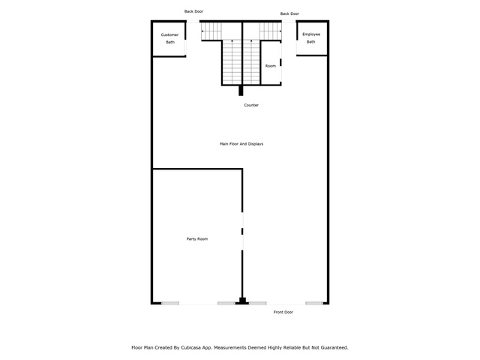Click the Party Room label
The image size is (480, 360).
click(197, 238)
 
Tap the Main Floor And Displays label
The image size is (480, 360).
click(241, 144)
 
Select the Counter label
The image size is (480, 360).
click(251, 105)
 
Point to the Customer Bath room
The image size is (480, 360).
click(169, 39)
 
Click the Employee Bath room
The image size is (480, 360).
click(312, 38)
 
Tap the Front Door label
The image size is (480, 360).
click(283, 312)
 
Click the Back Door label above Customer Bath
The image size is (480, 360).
click(193, 11)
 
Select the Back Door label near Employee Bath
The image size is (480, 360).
click(289, 13)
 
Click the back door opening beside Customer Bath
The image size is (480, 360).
click(193, 22)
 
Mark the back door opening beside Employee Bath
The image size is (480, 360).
click(289, 22)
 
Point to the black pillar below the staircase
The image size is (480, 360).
click(241, 91)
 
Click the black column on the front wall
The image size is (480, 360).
click(242, 301)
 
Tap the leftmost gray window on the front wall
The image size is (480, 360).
click(170, 303)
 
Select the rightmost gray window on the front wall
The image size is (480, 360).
click(314, 303)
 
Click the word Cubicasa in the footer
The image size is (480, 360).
click(191, 348)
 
